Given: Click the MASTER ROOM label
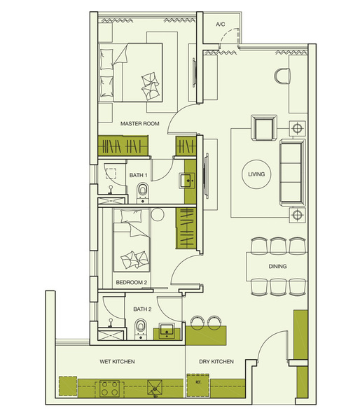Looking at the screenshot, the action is (x=139, y=123).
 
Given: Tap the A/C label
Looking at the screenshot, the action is (x=221, y=24).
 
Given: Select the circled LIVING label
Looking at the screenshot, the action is (x=256, y=174).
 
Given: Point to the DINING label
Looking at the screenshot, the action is (x=277, y=266).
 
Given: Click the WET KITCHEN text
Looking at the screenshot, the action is (x=117, y=361).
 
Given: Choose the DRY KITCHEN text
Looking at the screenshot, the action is (x=216, y=361).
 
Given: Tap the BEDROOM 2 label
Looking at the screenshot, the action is (x=132, y=282).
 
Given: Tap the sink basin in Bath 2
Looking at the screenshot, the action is (x=167, y=330).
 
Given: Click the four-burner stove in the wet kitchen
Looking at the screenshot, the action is (x=110, y=388).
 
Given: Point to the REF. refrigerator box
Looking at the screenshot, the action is (x=198, y=385).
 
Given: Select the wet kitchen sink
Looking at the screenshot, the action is (x=155, y=388).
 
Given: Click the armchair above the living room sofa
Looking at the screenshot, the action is (x=264, y=128).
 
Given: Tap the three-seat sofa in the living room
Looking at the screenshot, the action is (x=293, y=173).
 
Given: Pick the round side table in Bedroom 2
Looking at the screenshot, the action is (x=157, y=214).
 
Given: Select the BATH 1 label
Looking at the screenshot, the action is (x=138, y=175).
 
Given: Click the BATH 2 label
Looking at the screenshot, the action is (x=142, y=309).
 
